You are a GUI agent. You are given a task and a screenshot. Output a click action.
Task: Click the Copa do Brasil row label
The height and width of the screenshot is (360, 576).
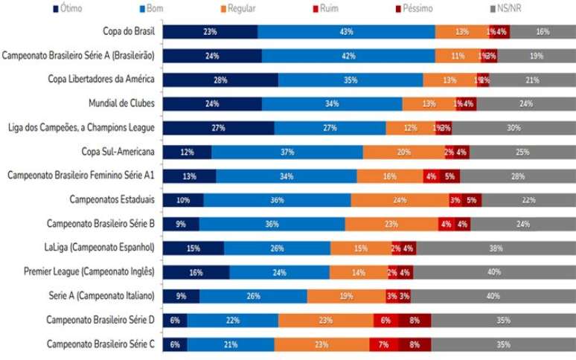128,31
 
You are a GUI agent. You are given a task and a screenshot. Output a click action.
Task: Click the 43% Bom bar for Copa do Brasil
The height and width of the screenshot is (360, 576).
346,32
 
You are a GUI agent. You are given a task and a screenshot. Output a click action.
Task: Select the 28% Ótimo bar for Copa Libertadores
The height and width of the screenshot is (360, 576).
220,80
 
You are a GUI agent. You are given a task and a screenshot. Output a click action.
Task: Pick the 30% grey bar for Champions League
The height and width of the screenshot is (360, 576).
513,128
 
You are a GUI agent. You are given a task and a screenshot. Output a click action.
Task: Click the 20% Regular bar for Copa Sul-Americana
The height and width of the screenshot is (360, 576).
403,152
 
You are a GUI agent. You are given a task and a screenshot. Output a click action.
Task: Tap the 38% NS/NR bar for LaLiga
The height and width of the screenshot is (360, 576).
493,248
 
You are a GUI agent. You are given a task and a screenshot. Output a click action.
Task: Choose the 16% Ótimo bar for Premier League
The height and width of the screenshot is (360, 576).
196,272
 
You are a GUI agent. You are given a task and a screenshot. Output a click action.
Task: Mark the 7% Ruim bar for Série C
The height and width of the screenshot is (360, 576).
383,344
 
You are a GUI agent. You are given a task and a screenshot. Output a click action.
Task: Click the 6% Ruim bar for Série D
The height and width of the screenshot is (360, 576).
385,320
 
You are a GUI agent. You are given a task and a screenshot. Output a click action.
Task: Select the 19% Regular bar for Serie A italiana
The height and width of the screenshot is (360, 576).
345,296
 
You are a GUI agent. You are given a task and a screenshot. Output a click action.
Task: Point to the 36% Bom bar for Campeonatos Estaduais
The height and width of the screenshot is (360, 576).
277,200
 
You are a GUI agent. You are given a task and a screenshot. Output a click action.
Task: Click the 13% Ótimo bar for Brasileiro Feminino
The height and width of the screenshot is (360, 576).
189,176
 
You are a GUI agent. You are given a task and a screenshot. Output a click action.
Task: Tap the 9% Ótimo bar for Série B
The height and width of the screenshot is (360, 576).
181,224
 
